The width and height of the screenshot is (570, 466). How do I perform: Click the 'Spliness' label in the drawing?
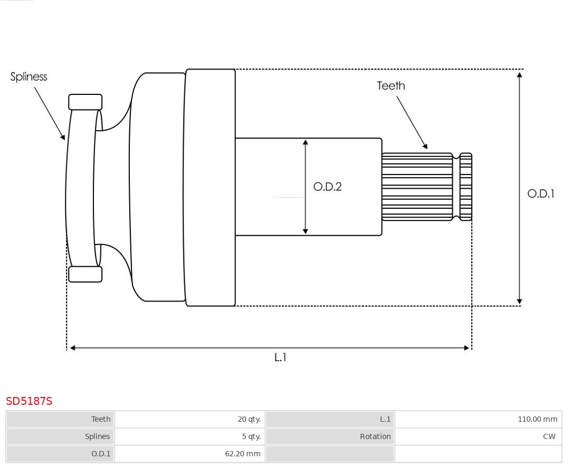pyautogui.click(x=28, y=77)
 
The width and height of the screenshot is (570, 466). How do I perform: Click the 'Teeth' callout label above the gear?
pyautogui.click(x=391, y=85)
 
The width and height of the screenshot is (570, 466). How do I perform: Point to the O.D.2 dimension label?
pyautogui.click(x=327, y=187)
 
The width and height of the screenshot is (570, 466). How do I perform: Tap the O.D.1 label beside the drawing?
pyautogui.click(x=540, y=193)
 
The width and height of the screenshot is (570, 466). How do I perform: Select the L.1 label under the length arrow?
pyautogui.click(x=280, y=357)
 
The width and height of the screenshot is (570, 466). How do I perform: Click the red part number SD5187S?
pyautogui.click(x=29, y=401)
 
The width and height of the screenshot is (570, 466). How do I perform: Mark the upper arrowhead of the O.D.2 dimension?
pyautogui.click(x=305, y=142)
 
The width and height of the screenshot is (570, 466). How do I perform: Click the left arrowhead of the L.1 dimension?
pyautogui.click(x=73, y=348)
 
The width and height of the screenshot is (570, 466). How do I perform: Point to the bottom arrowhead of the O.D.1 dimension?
pyautogui.click(x=519, y=302)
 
